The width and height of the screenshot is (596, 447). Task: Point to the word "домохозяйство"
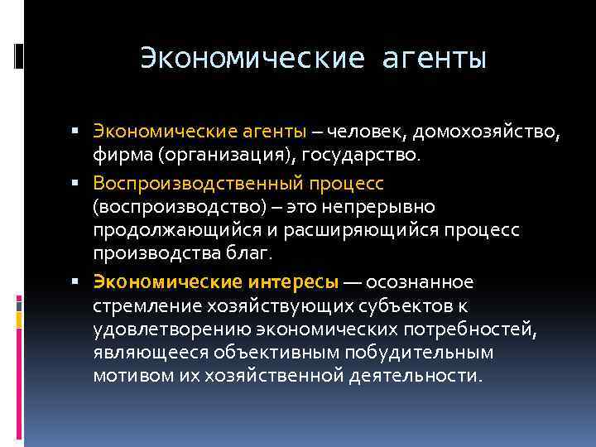tap(487, 132)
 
